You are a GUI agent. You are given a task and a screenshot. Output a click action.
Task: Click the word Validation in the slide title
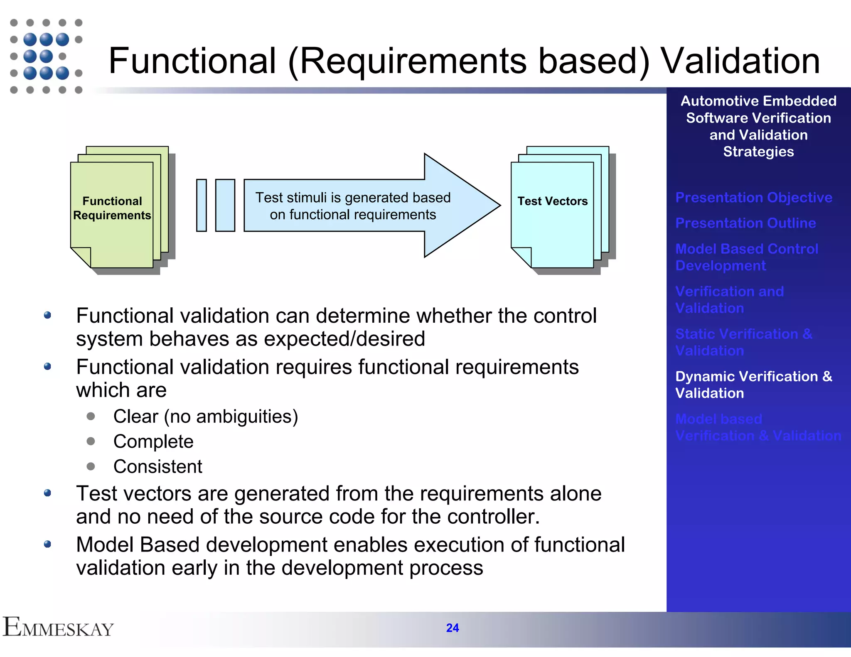pos(740,61)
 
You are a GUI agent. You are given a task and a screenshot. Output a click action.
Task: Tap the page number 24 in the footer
pos(452,628)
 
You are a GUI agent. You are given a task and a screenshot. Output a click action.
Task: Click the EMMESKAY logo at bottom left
pos(58,628)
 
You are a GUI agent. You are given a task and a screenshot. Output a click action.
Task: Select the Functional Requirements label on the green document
pos(112,208)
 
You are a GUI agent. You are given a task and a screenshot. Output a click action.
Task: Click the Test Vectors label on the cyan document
pos(552,201)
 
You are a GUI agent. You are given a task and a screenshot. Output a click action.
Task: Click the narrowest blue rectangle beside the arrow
pos(202,205)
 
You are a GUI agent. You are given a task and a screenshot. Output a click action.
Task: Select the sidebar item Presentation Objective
pos(753,197)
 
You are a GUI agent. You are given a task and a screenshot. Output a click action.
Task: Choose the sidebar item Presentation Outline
pos(745,223)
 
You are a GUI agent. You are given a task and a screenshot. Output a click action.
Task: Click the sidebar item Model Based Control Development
pos(746,257)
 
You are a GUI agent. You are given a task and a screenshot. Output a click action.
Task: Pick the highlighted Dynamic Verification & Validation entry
pos(753,385)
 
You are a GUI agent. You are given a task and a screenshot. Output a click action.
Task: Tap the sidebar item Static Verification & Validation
pos(743,342)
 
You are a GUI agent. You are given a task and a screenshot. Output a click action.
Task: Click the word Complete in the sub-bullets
pos(153,441)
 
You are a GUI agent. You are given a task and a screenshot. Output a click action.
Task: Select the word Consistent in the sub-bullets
pos(157,466)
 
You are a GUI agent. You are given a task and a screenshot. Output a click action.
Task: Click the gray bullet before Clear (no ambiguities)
pos(91,416)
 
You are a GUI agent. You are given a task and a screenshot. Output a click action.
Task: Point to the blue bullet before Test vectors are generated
pos(47,493)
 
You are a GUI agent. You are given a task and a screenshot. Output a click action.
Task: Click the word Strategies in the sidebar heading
pos(758,152)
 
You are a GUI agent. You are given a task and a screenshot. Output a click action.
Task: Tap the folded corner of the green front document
pos(81,256)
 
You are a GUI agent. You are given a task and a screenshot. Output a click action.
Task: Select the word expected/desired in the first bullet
pos(344,339)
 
